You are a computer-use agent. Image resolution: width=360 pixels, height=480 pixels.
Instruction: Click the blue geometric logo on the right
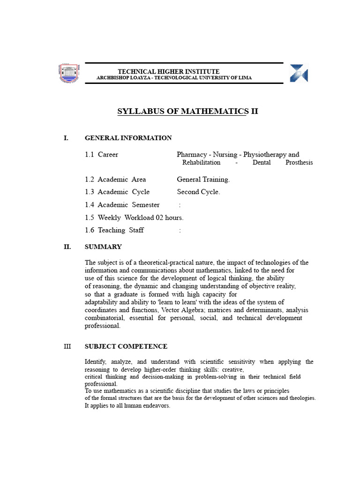[x=299, y=74]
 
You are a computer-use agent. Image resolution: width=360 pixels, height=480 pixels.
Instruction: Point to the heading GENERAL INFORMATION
[x=128, y=138]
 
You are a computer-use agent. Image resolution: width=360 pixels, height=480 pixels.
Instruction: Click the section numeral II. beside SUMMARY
[x=67, y=247]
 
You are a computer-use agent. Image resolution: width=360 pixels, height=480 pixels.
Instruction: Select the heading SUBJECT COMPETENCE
[x=126, y=346]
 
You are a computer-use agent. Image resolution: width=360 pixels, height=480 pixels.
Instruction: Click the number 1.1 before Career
[x=90, y=154]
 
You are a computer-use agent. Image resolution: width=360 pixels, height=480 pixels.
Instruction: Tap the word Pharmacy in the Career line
[x=192, y=154]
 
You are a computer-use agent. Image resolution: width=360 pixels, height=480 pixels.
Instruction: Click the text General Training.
[x=203, y=179]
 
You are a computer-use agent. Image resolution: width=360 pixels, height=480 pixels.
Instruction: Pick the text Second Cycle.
[x=198, y=192]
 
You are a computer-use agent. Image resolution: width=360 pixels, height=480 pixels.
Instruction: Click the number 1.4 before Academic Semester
[x=90, y=204]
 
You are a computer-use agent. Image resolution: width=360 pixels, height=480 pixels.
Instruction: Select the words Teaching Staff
[x=121, y=230]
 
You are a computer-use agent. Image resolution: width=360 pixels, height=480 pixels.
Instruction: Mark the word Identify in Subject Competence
[x=96, y=362]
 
